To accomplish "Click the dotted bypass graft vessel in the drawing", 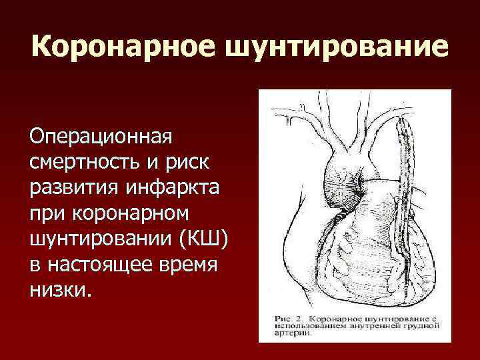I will [x=405, y=193].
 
